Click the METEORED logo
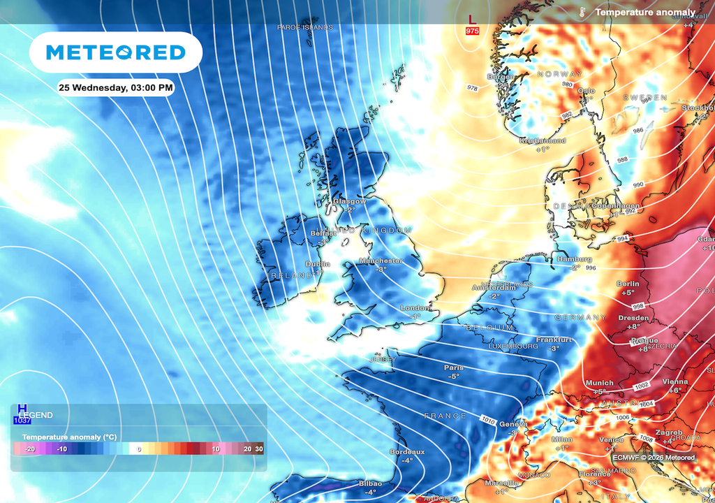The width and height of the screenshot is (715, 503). coord(115,52)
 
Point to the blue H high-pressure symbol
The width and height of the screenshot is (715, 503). coord(22,409)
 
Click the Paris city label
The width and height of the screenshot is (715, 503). coord(454,367)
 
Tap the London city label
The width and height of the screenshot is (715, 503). coord(415,308)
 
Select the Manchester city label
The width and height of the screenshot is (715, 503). coord(381,261)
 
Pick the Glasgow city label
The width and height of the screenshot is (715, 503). coord(349,201)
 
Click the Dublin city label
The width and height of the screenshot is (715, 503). coord(318,264)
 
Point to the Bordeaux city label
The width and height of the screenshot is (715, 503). coord(408,452)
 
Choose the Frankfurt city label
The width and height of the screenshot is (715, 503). coord(554,340)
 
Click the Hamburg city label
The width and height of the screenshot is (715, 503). coord(575,258)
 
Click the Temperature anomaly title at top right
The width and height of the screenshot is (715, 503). coord(644,12)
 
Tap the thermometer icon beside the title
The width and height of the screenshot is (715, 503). coord(582,12)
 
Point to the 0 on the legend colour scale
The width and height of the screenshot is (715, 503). coord(139,449)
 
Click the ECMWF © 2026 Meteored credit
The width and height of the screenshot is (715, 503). coord(654,458)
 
